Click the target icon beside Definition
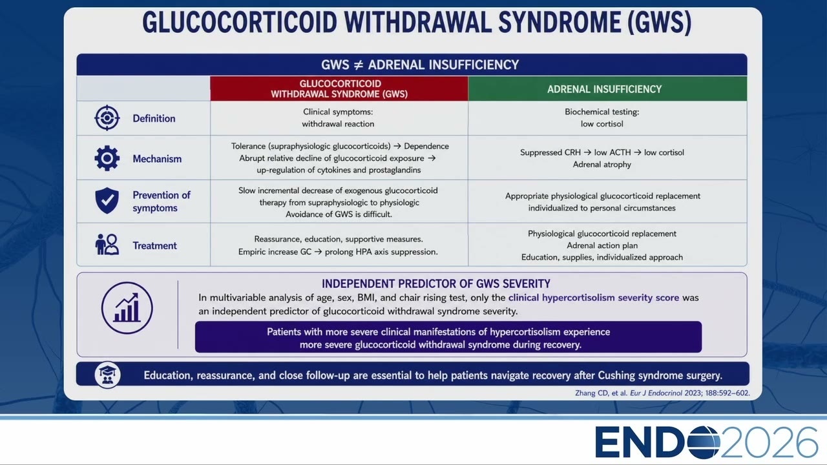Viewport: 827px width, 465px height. [x=107, y=118]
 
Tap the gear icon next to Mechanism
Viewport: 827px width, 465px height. [x=107, y=158]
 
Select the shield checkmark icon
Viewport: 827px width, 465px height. [x=107, y=200]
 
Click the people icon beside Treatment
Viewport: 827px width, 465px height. [x=107, y=244]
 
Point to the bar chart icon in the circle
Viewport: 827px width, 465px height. [x=127, y=308]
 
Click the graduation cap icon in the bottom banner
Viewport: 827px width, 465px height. [x=107, y=375]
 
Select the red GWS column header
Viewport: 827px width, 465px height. [x=339, y=88]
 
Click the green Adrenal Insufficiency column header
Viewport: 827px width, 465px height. [x=608, y=88]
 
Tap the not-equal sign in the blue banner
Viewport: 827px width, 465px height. [x=358, y=65]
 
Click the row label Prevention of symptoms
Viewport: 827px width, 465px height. [x=162, y=201]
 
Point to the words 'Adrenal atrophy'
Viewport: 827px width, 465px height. [x=602, y=165]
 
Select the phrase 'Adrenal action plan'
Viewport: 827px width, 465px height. [x=602, y=245]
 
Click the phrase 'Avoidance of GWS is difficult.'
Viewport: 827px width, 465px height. [x=339, y=214]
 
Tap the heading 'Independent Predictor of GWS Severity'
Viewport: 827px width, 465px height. [x=435, y=284]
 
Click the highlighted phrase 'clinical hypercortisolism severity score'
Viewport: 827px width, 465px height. [x=594, y=298]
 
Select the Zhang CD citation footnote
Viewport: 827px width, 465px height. [x=662, y=393]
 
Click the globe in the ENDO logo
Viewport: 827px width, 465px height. [x=704, y=442]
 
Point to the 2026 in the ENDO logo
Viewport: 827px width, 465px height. [x=769, y=442]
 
